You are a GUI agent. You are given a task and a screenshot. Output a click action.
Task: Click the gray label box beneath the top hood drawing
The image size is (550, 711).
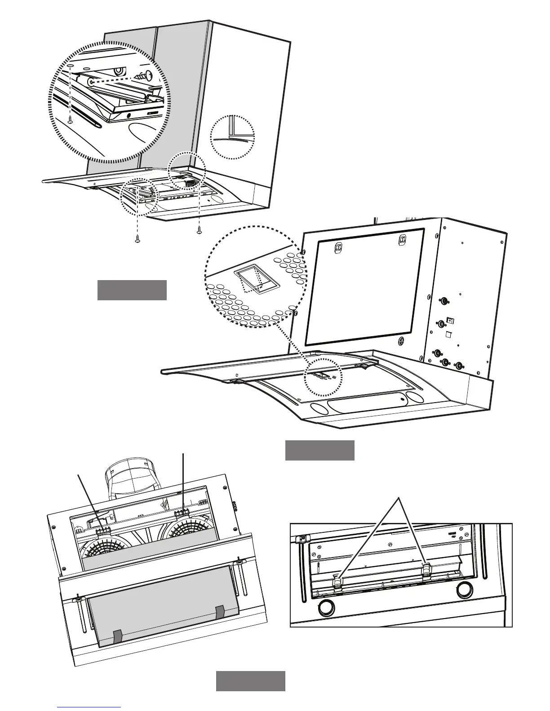coord(132,290)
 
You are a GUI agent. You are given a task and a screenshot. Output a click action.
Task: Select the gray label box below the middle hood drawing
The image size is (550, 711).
coord(320,451)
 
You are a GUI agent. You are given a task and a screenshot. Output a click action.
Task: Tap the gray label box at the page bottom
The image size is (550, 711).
coord(251,681)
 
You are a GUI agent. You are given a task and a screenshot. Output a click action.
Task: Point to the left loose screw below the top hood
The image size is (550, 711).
coord(137,240)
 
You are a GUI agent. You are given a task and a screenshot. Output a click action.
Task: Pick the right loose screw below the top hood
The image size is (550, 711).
coord(199,231)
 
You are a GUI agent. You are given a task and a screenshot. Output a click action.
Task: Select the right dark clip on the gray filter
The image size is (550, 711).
coord(220,611)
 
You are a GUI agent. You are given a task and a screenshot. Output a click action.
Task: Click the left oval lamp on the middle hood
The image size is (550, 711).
coord(319,408)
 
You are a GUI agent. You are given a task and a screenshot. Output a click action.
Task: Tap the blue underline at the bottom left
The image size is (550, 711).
coord(89,707)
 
